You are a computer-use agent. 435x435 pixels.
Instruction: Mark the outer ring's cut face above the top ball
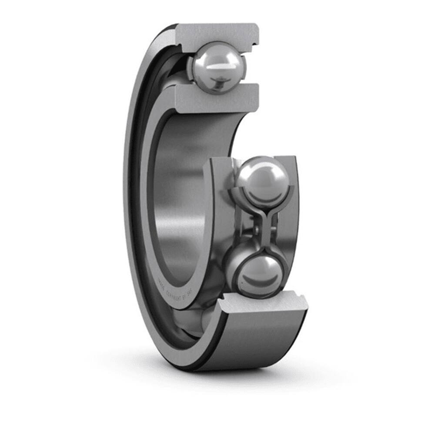click(x=217, y=33)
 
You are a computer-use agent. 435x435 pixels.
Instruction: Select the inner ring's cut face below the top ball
click(x=217, y=99)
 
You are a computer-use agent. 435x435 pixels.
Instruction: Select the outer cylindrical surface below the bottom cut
click(x=261, y=339)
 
